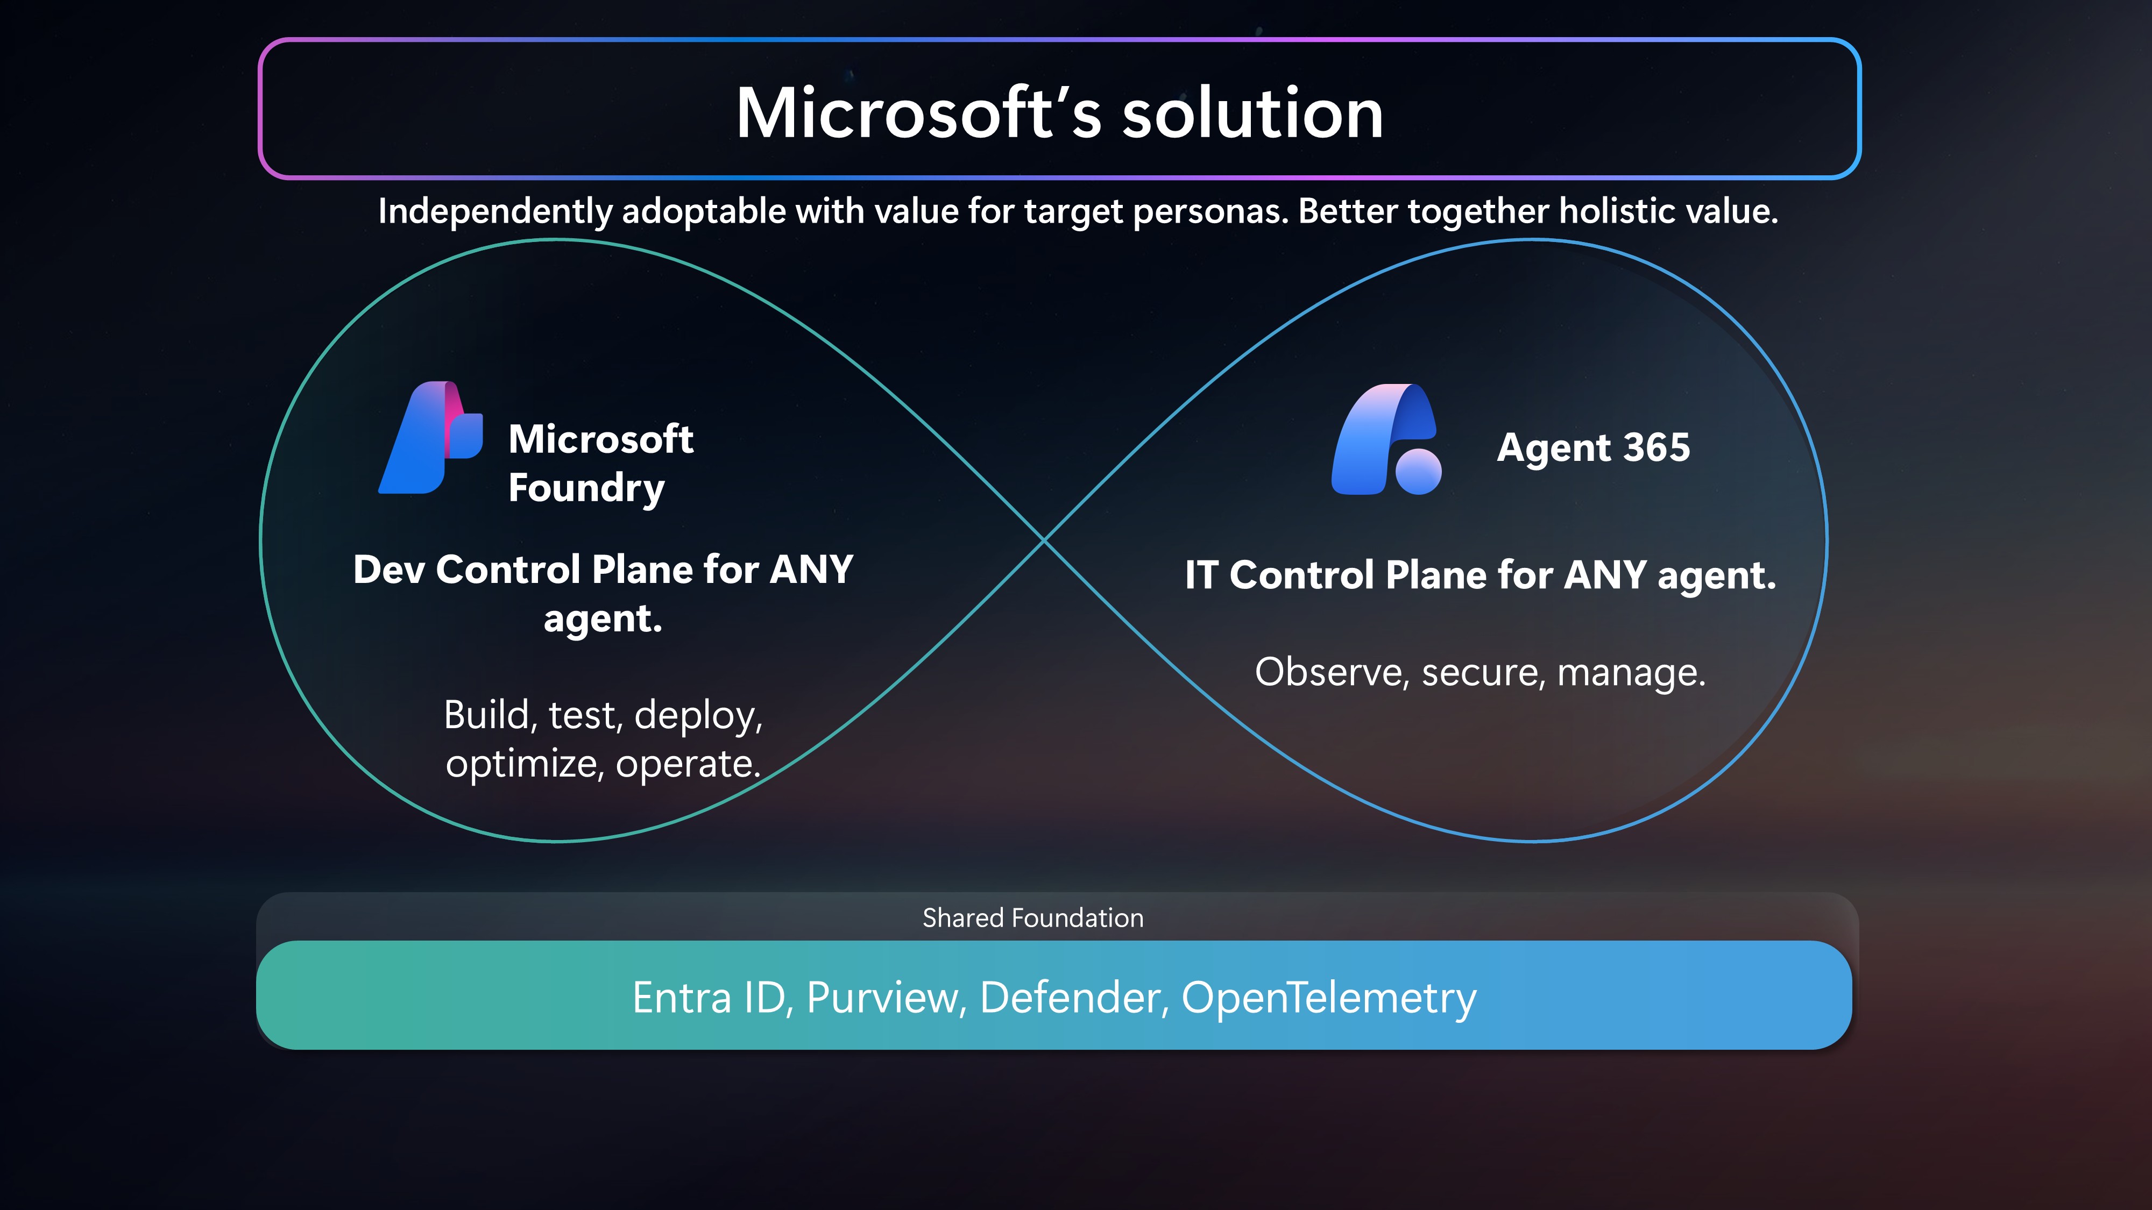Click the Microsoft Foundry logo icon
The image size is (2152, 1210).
pyautogui.click(x=430, y=438)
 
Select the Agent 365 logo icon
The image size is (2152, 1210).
pyautogui.click(x=1386, y=439)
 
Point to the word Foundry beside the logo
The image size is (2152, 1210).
pyautogui.click(x=586, y=488)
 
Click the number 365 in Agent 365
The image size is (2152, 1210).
pyautogui.click(x=1657, y=447)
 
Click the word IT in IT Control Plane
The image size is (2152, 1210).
pyautogui.click(x=1201, y=575)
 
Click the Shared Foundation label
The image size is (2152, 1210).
pyautogui.click(x=1032, y=918)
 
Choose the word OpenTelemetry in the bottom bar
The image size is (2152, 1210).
pyautogui.click(x=1329, y=999)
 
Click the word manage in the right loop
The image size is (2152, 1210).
pyautogui.click(x=1631, y=674)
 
